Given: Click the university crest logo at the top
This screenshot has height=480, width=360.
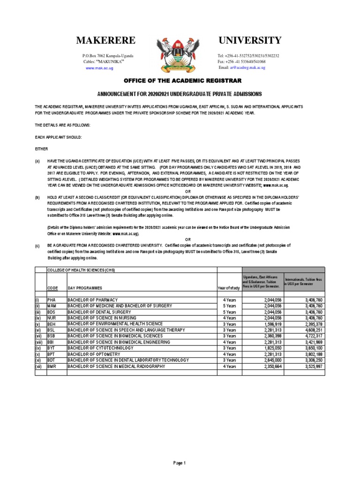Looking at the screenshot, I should (x=180, y=53).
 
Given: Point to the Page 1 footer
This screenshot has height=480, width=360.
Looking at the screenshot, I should (x=180, y=463).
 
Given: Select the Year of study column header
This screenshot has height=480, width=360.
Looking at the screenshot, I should (x=229, y=287).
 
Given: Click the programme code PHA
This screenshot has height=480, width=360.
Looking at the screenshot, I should (x=51, y=300).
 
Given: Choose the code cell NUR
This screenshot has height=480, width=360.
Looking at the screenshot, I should (x=51, y=317).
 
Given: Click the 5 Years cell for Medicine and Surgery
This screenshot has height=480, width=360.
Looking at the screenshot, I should (x=229, y=306).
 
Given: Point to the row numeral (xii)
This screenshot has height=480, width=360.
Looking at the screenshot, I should (x=39, y=366).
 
